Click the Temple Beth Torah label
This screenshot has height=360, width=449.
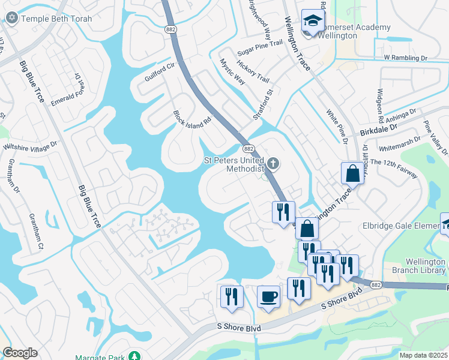56,19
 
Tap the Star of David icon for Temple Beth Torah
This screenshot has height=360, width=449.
11,18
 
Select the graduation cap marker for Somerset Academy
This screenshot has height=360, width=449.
312,21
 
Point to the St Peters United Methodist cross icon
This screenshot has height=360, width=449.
273,163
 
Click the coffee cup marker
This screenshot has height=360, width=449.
268,296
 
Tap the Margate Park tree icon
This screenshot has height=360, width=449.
137,356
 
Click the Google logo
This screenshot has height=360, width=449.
20,353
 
